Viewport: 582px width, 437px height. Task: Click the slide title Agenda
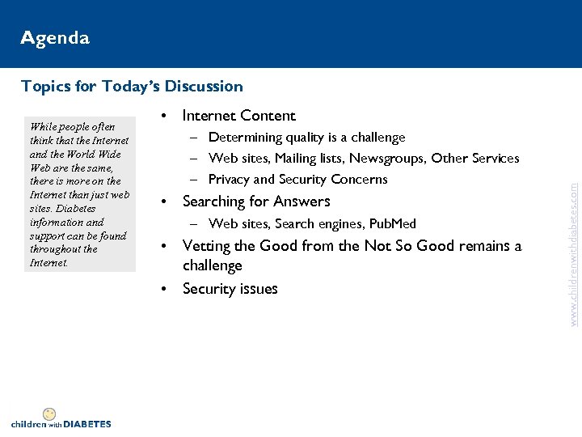(55, 38)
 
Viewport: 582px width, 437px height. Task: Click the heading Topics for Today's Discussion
(132, 86)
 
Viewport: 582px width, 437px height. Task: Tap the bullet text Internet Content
(239, 116)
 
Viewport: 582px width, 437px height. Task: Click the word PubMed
(392, 223)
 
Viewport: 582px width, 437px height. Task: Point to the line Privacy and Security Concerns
(297, 179)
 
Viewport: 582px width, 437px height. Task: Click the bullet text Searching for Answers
(256, 202)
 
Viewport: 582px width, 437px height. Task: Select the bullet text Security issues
(230, 289)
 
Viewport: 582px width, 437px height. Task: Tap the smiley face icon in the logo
(49, 414)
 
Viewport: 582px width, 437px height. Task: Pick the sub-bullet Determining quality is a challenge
(306, 138)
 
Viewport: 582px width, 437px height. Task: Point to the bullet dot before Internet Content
(163, 116)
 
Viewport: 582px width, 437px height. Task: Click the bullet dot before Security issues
(163, 289)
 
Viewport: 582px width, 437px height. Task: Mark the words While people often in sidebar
(72, 126)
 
